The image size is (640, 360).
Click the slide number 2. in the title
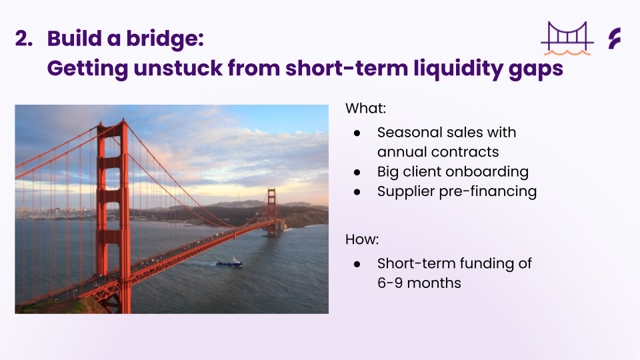coord(24,39)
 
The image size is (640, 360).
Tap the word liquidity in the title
coord(458,68)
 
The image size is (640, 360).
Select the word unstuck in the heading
coord(178,68)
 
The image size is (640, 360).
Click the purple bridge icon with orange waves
coord(567,39)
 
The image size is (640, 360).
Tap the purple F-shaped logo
coord(615,39)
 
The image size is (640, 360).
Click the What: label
coord(365,108)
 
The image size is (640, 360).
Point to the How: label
coord(361,239)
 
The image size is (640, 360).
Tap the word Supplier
coord(406,192)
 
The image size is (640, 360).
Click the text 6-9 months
coord(419,283)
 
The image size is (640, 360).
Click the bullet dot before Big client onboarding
coord(357,173)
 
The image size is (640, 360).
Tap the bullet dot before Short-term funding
coord(357,264)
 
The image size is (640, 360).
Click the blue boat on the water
coord(229,263)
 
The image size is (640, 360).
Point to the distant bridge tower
coord(272,212)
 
